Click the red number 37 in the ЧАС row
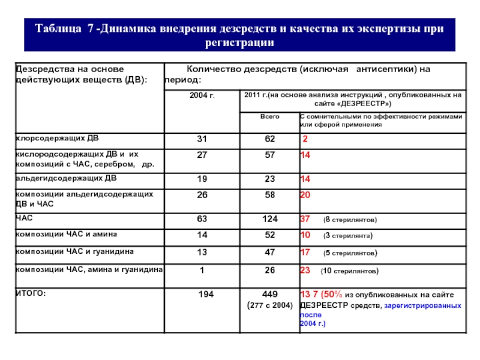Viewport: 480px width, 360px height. coord(305,218)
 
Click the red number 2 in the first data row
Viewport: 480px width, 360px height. coord(305,139)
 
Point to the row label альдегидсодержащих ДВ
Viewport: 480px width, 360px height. coord(66,178)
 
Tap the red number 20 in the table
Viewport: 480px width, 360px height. coord(305,195)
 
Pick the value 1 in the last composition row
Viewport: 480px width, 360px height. coord(202,270)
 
